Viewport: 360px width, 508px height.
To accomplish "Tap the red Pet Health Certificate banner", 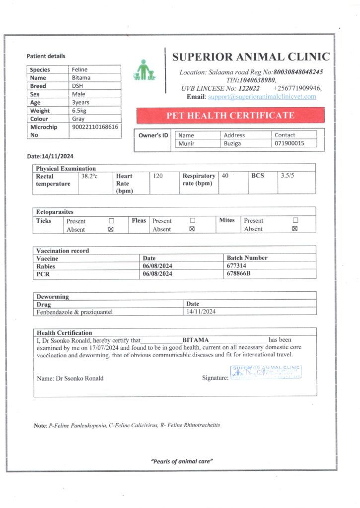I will (230, 116).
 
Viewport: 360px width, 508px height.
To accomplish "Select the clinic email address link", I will (262, 96).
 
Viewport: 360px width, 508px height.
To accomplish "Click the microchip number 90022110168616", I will (95, 127).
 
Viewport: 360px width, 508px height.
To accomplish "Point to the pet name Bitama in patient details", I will (81, 78).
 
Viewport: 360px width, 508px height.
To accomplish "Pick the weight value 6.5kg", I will (79, 111).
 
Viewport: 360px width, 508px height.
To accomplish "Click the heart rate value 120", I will (158, 176).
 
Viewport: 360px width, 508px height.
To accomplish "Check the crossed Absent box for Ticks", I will (111, 230).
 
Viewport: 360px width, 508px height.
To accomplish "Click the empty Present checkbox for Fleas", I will (192, 221).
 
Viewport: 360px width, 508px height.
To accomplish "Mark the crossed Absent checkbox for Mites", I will (295, 229).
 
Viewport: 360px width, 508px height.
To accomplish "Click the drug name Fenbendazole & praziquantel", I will (74, 312).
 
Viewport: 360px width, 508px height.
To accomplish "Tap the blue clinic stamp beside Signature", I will (266, 373).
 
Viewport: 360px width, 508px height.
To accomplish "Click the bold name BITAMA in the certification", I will (196, 340).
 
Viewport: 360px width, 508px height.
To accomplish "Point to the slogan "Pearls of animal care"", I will (182, 461).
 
